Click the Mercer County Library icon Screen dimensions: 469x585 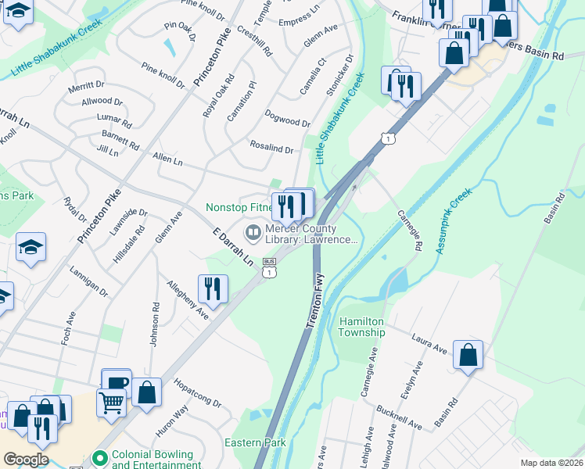click(253, 232)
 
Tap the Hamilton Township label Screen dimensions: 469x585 click(362, 327)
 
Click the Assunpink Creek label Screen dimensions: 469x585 click(443, 221)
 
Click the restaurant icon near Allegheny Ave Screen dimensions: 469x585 click(213, 288)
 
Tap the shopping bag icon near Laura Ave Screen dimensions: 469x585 click(468, 356)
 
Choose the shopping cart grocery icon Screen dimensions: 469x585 click(112, 403)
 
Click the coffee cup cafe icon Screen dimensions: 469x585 click(117, 382)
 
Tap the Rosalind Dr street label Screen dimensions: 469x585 click(271, 149)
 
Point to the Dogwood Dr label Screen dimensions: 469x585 click(288, 121)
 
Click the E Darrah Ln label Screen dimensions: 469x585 click(234, 245)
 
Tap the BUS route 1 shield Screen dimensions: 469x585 click(269, 267)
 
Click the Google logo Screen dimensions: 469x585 click(26, 459)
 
